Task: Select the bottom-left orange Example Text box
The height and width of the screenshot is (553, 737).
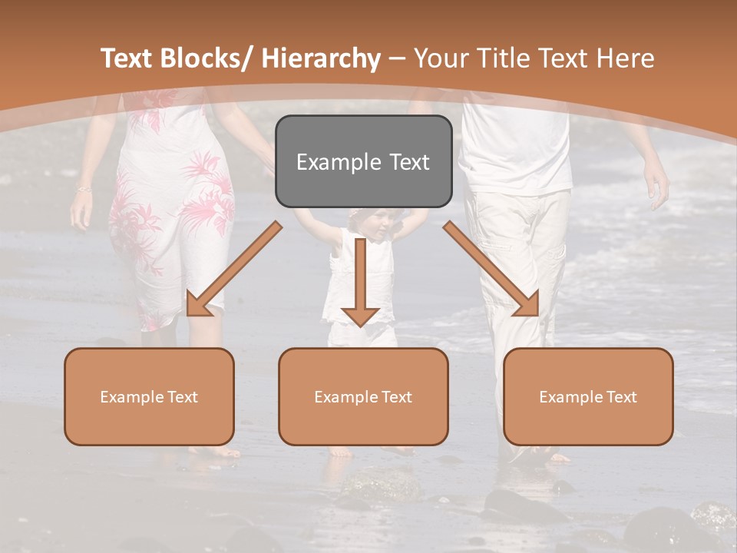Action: [x=149, y=396]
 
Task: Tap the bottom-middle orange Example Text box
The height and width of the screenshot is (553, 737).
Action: [x=363, y=396]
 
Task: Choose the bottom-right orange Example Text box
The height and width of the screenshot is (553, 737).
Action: [x=588, y=396]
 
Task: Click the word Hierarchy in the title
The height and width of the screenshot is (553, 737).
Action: [x=321, y=58]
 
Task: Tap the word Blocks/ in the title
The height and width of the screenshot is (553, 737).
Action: [x=211, y=58]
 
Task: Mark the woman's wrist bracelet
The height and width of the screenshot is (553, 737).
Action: [x=83, y=188]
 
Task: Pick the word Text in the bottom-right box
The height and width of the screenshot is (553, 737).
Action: [x=622, y=396]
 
